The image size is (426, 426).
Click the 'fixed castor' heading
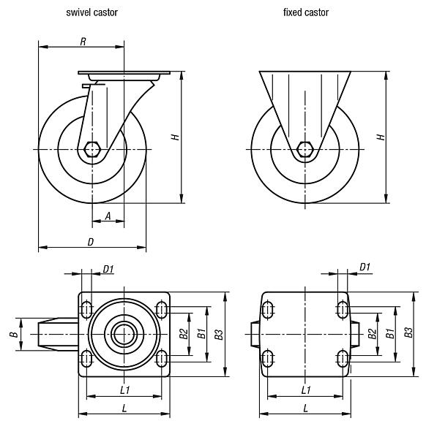(306, 12)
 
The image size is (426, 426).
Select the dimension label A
(108, 216)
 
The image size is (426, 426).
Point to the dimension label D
(91, 241)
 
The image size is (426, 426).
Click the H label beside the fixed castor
(379, 137)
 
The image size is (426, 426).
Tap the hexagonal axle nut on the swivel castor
(92, 149)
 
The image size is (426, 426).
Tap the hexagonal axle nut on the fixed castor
(306, 149)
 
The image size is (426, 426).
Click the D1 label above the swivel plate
(108, 270)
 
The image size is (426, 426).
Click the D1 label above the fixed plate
(365, 267)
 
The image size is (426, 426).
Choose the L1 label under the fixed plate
(305, 390)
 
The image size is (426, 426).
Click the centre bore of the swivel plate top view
(124, 335)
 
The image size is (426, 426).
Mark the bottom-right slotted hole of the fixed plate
(342, 358)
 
